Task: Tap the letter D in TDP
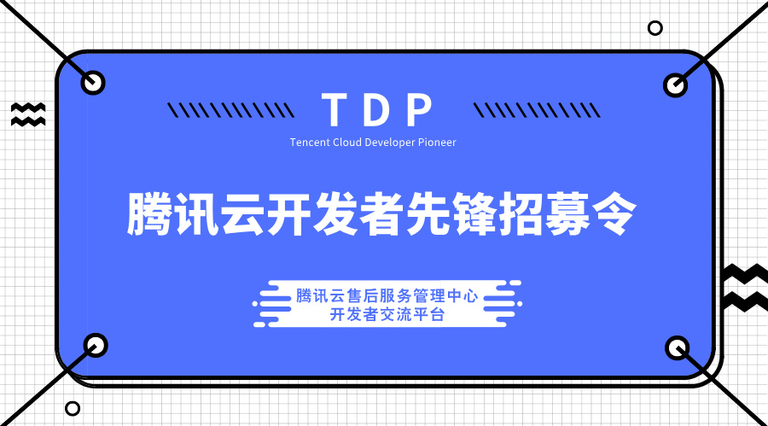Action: (377, 110)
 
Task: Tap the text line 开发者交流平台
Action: (385, 314)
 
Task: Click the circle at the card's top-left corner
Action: (93, 83)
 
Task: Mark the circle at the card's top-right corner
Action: (675, 85)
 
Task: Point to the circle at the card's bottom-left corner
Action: (96, 346)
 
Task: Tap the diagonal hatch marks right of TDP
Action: (527, 110)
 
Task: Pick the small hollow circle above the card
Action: (655, 28)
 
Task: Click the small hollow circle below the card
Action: (73, 409)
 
